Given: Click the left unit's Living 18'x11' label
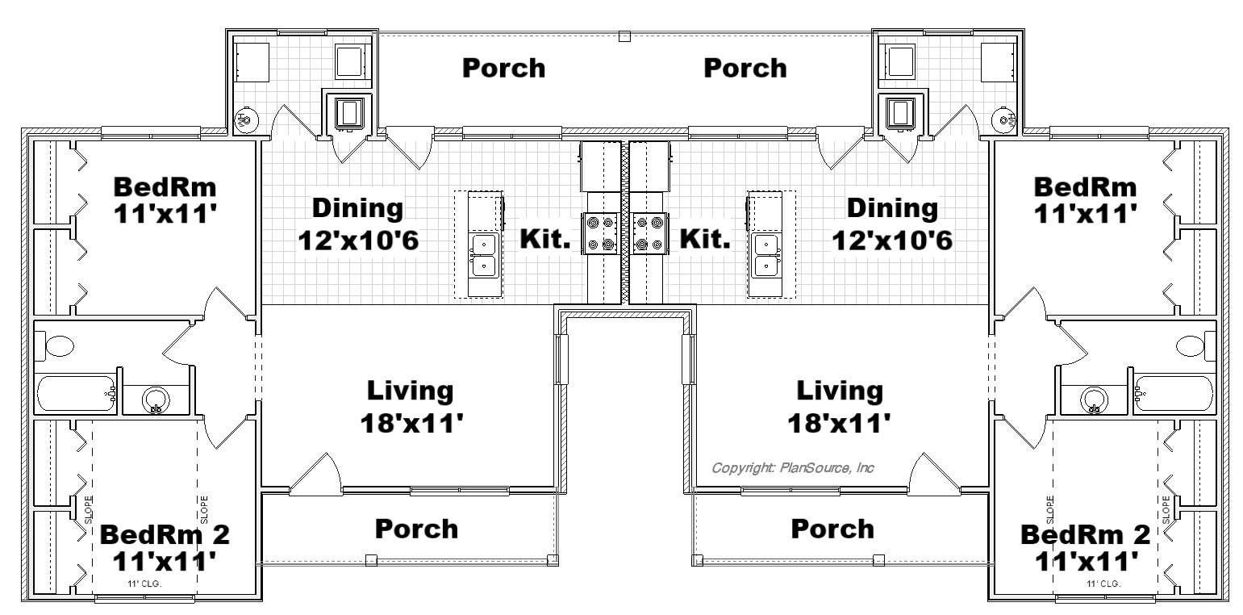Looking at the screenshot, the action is pyautogui.click(x=411, y=407).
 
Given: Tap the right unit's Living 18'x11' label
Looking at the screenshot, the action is pyautogui.click(x=840, y=407).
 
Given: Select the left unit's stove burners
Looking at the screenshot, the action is pyautogui.click(x=600, y=234).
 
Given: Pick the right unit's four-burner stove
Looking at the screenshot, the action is pyautogui.click(x=649, y=234).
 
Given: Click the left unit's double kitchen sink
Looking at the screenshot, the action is pyautogui.click(x=484, y=256).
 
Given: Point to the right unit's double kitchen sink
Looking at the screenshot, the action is pyautogui.click(x=766, y=256).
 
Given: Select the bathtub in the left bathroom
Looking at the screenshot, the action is pyautogui.click(x=76, y=394).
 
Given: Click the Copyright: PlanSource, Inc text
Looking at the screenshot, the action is pyautogui.click(x=792, y=468).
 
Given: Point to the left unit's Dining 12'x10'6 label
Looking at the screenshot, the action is pyautogui.click(x=358, y=224).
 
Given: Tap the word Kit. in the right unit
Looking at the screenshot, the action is pyautogui.click(x=705, y=239).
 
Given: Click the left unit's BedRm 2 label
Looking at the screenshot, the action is pyautogui.click(x=165, y=548).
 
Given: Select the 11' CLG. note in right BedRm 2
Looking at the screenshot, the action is pyautogui.click(x=1103, y=584).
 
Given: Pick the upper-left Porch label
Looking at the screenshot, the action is pyautogui.click(x=504, y=69).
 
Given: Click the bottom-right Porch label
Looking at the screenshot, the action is pyautogui.click(x=832, y=529).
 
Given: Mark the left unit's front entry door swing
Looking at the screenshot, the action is pyautogui.click(x=315, y=473).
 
